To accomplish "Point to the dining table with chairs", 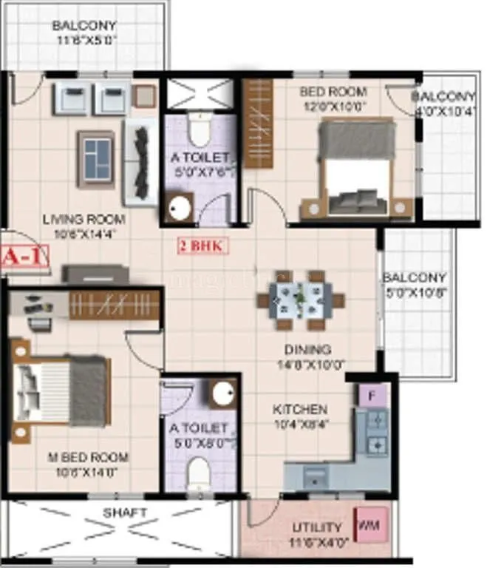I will pos(301,300).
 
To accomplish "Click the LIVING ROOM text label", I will pos(84,219).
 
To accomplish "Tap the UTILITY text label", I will pos(317,527).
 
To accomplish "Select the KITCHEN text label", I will pos(300,409).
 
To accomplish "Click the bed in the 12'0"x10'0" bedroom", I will pos(358,169).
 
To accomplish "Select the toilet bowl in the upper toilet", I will pos(197,131).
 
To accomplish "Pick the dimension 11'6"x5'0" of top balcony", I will pos(84,41).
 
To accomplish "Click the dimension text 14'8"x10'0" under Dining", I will pos(310,364).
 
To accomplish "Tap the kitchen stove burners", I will pos(377,433).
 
